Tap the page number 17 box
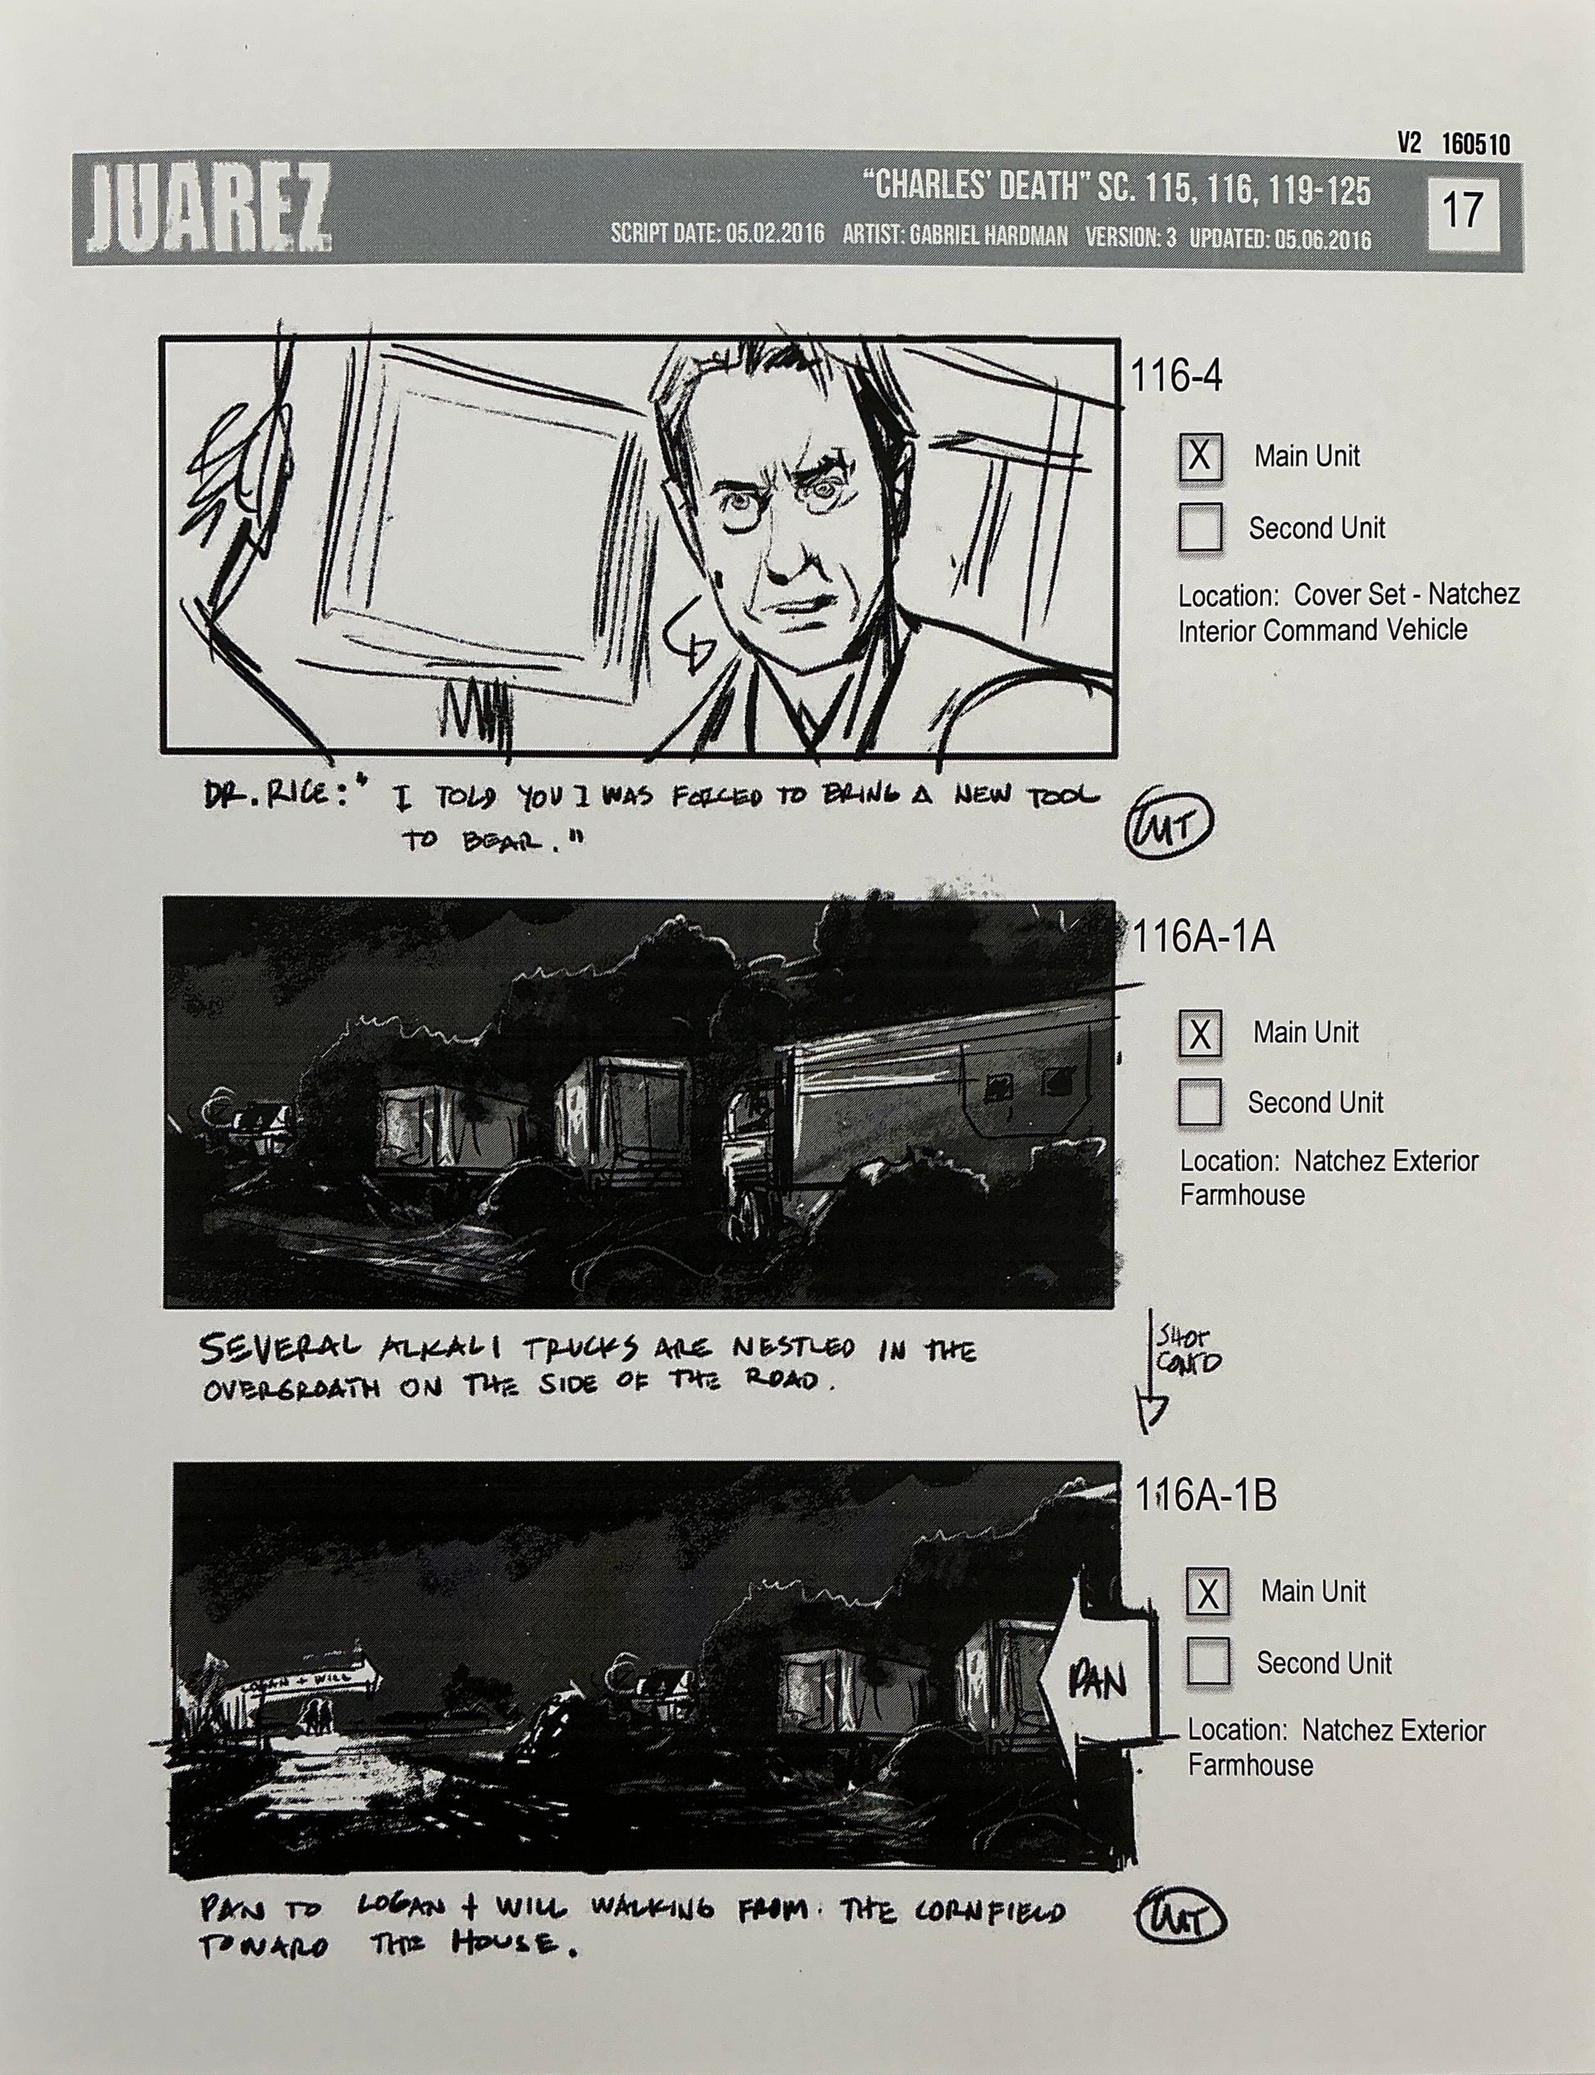pos(1461,209)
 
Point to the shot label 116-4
pos(1175,378)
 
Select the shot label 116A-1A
pos(1204,938)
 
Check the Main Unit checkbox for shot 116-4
pos(1199,456)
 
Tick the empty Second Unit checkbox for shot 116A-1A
pos(1199,1102)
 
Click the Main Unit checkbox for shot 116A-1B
pos(1206,1591)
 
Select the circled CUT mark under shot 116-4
pos(1168,829)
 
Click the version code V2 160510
pos(1452,144)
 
